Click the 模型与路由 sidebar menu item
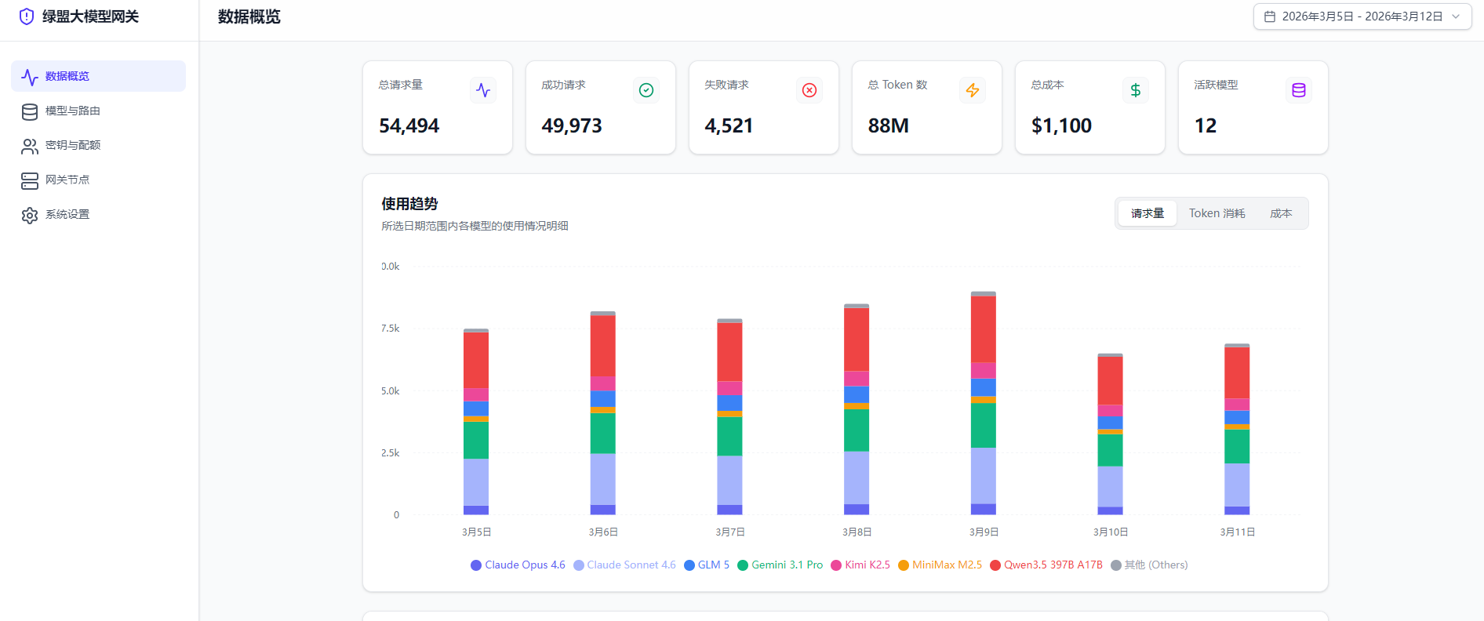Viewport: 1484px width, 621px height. click(x=72, y=111)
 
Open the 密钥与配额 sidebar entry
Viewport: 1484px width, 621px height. click(x=72, y=145)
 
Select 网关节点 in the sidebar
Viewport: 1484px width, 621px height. click(x=67, y=180)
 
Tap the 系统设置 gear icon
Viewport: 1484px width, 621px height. click(x=30, y=215)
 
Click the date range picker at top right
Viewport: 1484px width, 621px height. click(x=1362, y=16)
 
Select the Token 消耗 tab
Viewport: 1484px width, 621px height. click(x=1217, y=213)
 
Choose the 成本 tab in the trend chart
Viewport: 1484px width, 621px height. click(x=1280, y=213)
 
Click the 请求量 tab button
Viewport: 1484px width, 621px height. click(x=1147, y=213)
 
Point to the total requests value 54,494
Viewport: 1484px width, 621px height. click(x=409, y=125)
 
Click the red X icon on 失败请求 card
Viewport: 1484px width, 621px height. click(x=809, y=90)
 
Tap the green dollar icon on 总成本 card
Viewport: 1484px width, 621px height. click(x=1135, y=90)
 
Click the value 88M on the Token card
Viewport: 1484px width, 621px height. click(x=888, y=125)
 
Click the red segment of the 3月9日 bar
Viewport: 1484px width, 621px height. click(x=984, y=329)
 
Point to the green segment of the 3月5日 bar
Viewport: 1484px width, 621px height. click(x=476, y=440)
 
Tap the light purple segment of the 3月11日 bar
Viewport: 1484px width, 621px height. click(x=1237, y=485)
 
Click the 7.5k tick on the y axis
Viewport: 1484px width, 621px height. click(x=391, y=328)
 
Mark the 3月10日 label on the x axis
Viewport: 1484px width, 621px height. click(x=1111, y=532)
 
